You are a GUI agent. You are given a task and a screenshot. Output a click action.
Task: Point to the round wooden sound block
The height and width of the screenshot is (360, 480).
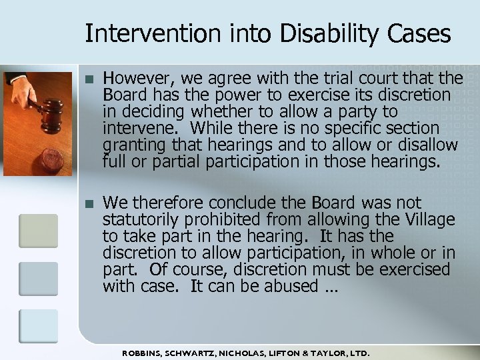52,161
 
